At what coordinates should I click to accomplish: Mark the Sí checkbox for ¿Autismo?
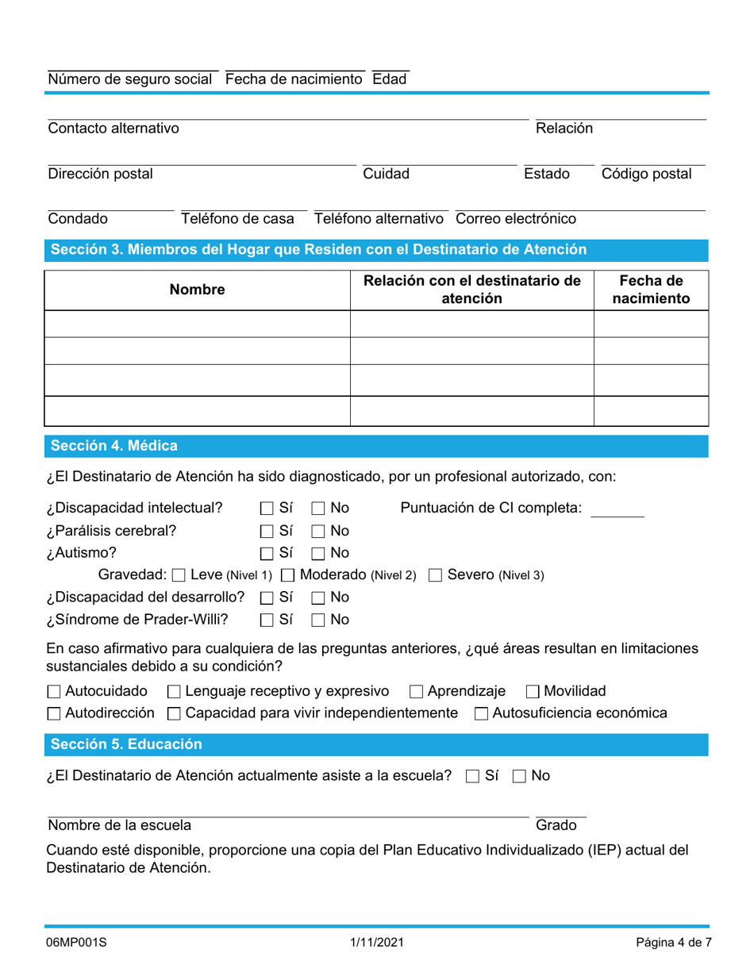[x=267, y=553]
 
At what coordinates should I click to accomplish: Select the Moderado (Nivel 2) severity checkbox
[x=289, y=575]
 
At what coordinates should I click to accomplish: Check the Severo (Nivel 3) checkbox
[x=435, y=575]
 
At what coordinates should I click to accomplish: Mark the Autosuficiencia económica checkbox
[x=481, y=714]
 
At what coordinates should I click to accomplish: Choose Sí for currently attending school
[x=472, y=777]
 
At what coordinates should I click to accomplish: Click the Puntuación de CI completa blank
[x=617, y=509]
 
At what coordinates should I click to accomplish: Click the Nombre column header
[x=197, y=290]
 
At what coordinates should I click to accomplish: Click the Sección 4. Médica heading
[x=114, y=446]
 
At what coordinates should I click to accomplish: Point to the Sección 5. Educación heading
[x=126, y=744]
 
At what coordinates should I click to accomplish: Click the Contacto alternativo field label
[x=113, y=129]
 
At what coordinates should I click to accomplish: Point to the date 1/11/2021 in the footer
[x=377, y=943]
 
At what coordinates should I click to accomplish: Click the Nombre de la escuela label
[x=119, y=825]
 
